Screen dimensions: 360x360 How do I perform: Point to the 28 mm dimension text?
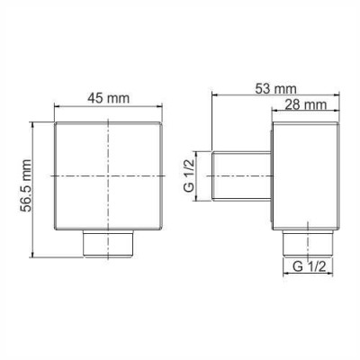(x=301, y=104)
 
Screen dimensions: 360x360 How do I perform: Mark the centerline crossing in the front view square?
(x=111, y=172)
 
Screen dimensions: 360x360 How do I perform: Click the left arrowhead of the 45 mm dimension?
(x=59, y=109)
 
